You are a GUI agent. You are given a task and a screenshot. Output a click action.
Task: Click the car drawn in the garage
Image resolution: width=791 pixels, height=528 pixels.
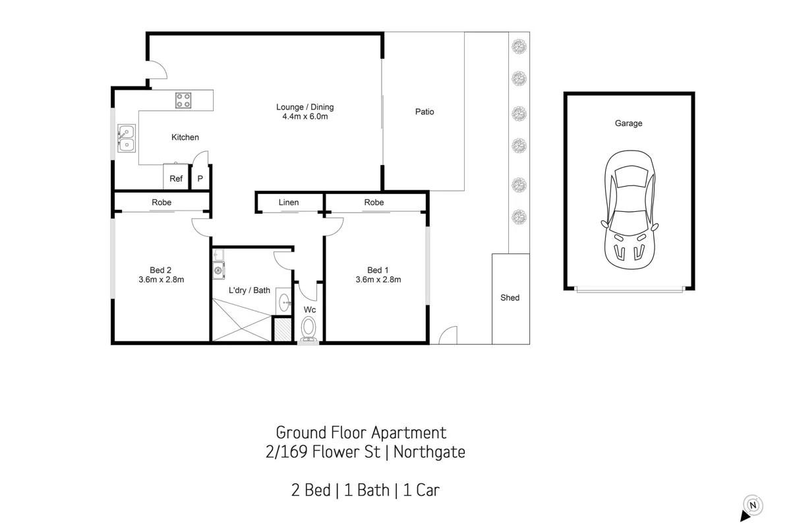(630, 210)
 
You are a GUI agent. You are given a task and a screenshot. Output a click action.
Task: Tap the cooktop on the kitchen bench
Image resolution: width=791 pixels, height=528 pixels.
(183, 100)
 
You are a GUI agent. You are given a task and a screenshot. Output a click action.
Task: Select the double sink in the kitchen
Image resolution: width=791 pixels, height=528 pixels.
(127, 139)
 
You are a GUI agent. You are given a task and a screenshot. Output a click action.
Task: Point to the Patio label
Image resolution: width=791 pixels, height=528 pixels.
(425, 112)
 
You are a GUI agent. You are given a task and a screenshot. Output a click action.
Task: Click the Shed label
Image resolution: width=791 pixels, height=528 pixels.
(510, 298)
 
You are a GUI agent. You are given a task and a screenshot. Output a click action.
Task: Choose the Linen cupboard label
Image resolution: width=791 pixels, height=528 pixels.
(289, 202)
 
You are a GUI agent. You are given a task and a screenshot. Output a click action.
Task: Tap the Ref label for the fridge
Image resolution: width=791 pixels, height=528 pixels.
(176, 179)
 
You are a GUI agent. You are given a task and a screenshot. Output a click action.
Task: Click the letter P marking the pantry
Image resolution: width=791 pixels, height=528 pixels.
(200, 179)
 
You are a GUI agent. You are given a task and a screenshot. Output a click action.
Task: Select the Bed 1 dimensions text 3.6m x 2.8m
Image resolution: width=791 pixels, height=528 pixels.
(378, 279)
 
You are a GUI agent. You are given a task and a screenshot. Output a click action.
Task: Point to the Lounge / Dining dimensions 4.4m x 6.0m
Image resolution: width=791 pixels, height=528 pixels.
(305, 116)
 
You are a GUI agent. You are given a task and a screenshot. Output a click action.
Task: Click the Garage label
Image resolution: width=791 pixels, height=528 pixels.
(628, 123)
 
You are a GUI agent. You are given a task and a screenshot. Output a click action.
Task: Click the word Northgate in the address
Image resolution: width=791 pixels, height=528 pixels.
(429, 452)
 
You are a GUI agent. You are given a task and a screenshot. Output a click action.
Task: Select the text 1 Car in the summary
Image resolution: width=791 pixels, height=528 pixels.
(421, 490)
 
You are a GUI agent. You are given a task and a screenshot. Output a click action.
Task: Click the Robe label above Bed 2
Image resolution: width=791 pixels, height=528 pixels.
(161, 202)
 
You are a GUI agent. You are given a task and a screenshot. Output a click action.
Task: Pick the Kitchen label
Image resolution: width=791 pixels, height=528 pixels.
(185, 137)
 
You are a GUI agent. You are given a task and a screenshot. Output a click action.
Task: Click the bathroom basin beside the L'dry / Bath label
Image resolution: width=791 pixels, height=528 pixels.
(283, 302)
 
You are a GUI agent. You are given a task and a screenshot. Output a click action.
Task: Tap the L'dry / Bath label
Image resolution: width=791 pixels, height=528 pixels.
(249, 290)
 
